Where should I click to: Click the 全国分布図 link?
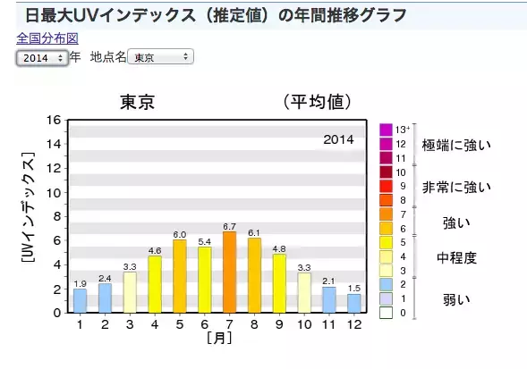[x=47, y=39]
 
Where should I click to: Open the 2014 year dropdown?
[x=42, y=57]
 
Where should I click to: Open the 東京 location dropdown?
[x=160, y=57]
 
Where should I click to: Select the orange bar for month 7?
[x=229, y=273]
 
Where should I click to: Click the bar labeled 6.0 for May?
[x=180, y=276]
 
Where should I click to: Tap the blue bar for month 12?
[x=354, y=303]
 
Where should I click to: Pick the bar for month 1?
[x=81, y=301]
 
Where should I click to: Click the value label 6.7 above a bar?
[x=229, y=226]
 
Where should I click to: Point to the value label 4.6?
[x=155, y=251]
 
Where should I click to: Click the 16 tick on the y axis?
[x=53, y=120]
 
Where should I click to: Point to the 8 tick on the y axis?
[x=56, y=216]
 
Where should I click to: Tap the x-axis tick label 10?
[x=304, y=324]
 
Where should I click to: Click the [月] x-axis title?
[x=217, y=339]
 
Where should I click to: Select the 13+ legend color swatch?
[x=386, y=130]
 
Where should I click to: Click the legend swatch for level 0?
[x=386, y=313]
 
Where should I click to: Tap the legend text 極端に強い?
[x=456, y=145]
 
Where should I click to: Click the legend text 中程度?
[x=456, y=258]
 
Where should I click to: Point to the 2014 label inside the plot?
[x=338, y=139]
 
